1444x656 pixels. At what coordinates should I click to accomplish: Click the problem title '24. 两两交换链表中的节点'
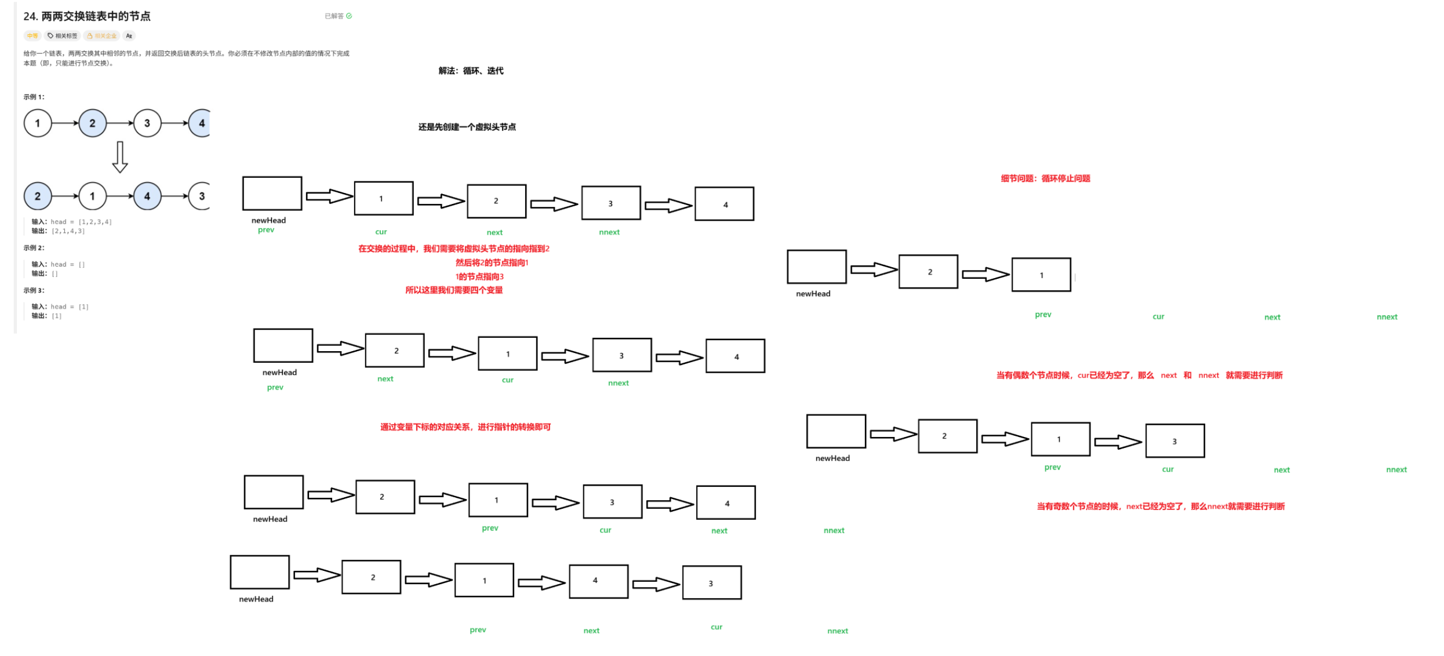tap(87, 16)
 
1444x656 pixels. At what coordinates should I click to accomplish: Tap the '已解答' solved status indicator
tap(337, 16)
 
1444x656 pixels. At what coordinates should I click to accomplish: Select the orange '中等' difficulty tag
tap(32, 36)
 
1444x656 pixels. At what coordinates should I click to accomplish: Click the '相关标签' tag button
tap(63, 36)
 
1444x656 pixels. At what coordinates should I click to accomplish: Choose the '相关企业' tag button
tap(102, 36)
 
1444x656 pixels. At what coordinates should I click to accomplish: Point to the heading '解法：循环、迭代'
tap(471, 71)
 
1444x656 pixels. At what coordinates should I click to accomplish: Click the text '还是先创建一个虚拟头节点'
tap(467, 127)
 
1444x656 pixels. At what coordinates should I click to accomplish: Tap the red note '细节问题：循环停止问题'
tap(1045, 178)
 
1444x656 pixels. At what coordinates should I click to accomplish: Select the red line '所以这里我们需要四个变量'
tap(453, 290)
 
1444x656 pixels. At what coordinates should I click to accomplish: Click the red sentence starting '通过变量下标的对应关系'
tap(465, 427)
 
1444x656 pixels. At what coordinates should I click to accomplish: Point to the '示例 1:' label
tap(34, 97)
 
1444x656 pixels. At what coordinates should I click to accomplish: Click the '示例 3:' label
tap(34, 290)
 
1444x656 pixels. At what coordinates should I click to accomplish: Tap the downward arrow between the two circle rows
tap(120, 157)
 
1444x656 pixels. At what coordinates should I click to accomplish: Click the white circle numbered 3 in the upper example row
tap(147, 123)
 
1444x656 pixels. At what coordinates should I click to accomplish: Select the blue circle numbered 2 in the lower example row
tap(38, 196)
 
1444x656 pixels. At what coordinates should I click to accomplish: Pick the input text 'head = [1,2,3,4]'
tap(81, 222)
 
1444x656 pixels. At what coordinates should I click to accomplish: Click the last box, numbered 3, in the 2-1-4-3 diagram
tap(711, 582)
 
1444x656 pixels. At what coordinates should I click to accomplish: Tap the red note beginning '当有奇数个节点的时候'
tap(1160, 506)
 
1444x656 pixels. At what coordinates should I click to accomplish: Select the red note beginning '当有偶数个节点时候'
tap(1139, 376)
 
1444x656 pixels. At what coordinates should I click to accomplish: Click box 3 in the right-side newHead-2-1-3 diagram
tap(1174, 441)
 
